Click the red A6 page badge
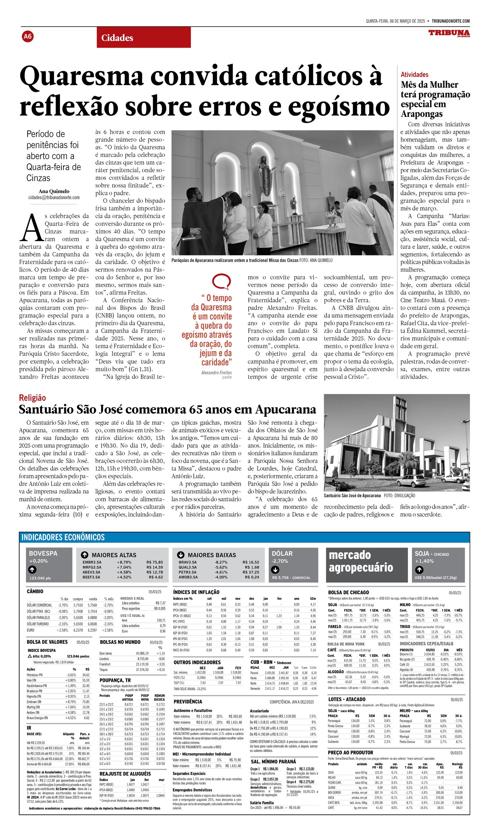click(x=28, y=36)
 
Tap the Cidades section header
click(x=117, y=38)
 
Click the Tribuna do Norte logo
click(x=449, y=33)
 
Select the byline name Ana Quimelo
click(x=54, y=191)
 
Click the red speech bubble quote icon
click(x=221, y=281)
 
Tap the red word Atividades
click(x=414, y=74)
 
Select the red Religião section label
click(x=32, y=398)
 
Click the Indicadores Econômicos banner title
click(x=63, y=537)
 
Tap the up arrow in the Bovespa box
click(x=32, y=569)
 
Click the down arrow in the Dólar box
click(x=275, y=570)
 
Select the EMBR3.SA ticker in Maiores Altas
click(x=92, y=562)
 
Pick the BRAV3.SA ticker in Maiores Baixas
click(x=188, y=562)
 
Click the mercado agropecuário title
click(x=361, y=561)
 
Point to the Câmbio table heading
click(x=35, y=591)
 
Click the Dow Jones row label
click(x=106, y=653)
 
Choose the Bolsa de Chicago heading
click(x=348, y=592)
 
